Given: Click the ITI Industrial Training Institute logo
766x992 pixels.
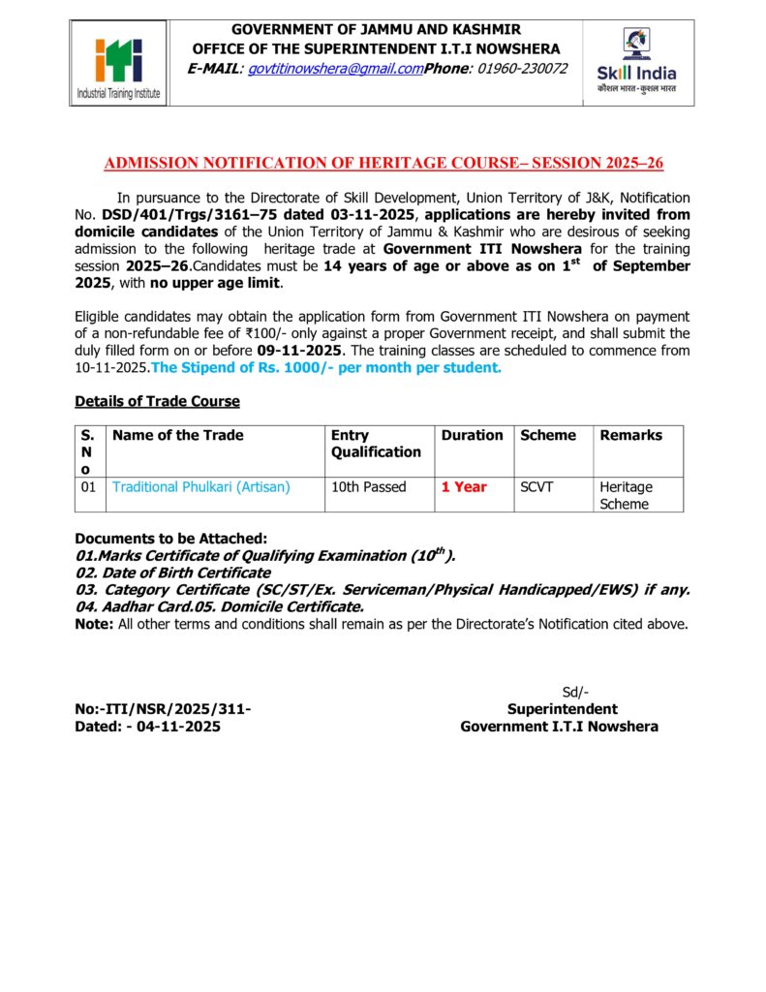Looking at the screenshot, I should (x=119, y=64).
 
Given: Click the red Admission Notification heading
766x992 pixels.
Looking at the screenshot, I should (x=383, y=163).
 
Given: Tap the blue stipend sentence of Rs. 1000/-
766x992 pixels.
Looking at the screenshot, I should (x=326, y=367).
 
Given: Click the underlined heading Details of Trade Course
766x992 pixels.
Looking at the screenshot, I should (x=157, y=401).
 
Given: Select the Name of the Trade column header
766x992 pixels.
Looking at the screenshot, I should (x=178, y=436).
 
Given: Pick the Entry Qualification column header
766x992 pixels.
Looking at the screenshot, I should (x=376, y=444).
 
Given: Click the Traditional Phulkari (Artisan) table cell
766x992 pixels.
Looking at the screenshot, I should (x=201, y=487).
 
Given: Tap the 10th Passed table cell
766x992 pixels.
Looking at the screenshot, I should (x=368, y=487).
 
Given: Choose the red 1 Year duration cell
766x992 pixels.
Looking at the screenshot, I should (x=464, y=487).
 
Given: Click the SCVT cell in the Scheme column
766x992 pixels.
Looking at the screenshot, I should (x=536, y=487).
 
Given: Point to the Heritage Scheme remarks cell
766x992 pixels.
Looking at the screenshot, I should (x=626, y=495).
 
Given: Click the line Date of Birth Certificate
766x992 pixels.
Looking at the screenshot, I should (x=173, y=573).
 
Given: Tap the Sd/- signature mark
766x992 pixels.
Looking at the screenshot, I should (x=575, y=692).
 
